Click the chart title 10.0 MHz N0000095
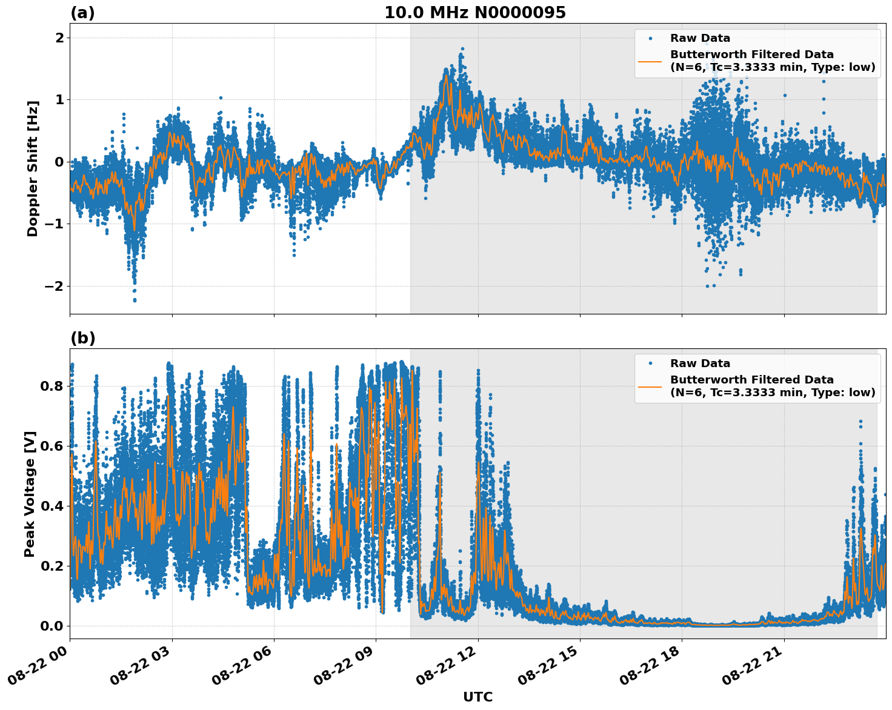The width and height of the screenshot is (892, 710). coord(475,13)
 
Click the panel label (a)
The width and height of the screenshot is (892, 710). coord(82,13)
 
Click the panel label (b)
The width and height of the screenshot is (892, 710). coord(82,338)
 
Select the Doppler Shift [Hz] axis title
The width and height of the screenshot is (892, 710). coord(33,168)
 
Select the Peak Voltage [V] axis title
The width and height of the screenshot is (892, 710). coord(30,494)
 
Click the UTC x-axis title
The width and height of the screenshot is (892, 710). coord(478,697)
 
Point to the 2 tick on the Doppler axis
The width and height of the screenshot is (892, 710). coord(59,38)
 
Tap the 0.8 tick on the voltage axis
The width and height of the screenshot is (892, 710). coord(52,386)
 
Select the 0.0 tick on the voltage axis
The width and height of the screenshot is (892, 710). coord(52,626)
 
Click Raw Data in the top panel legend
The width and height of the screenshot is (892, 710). coord(700,38)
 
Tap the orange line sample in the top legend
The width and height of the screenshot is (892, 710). coord(650,61)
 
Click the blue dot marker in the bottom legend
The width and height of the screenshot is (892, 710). coord(650,363)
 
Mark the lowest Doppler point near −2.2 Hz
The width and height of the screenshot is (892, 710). coord(135,300)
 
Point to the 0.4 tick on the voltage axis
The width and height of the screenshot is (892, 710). coord(52,506)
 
